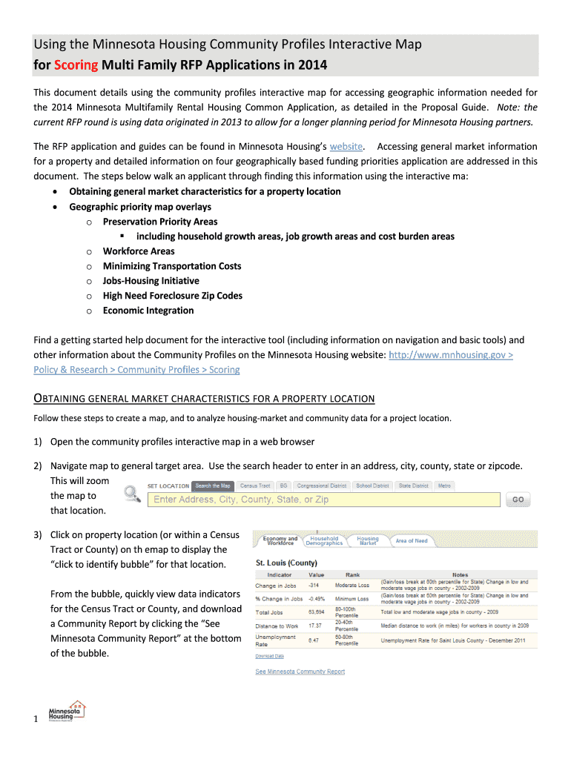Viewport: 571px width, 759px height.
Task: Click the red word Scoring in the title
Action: tap(76, 64)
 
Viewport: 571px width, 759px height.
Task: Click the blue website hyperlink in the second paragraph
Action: tap(346, 147)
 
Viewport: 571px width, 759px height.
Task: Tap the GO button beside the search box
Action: tap(518, 500)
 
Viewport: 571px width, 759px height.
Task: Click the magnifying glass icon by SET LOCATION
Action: tap(133, 492)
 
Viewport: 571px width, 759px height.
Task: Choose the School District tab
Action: tap(372, 485)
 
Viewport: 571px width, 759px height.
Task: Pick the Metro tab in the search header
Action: tap(444, 485)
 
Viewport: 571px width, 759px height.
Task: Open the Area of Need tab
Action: tap(412, 540)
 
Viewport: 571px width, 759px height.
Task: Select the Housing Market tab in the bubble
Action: tap(368, 541)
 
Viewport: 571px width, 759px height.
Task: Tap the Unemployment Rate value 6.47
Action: tap(315, 640)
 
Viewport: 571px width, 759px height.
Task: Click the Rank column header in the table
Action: tap(352, 574)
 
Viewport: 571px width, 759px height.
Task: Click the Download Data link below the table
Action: tap(269, 656)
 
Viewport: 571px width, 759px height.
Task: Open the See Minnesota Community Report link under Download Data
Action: tap(300, 672)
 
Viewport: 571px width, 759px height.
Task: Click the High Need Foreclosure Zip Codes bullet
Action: tap(172, 296)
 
